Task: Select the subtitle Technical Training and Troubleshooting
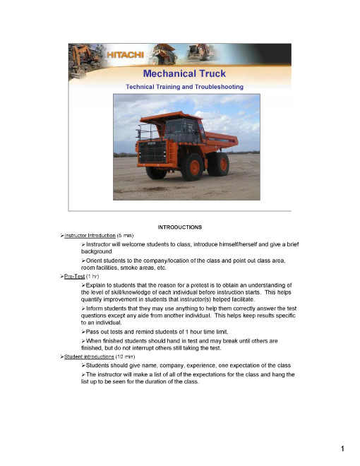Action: (x=184, y=87)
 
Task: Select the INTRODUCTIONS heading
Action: (x=180, y=227)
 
